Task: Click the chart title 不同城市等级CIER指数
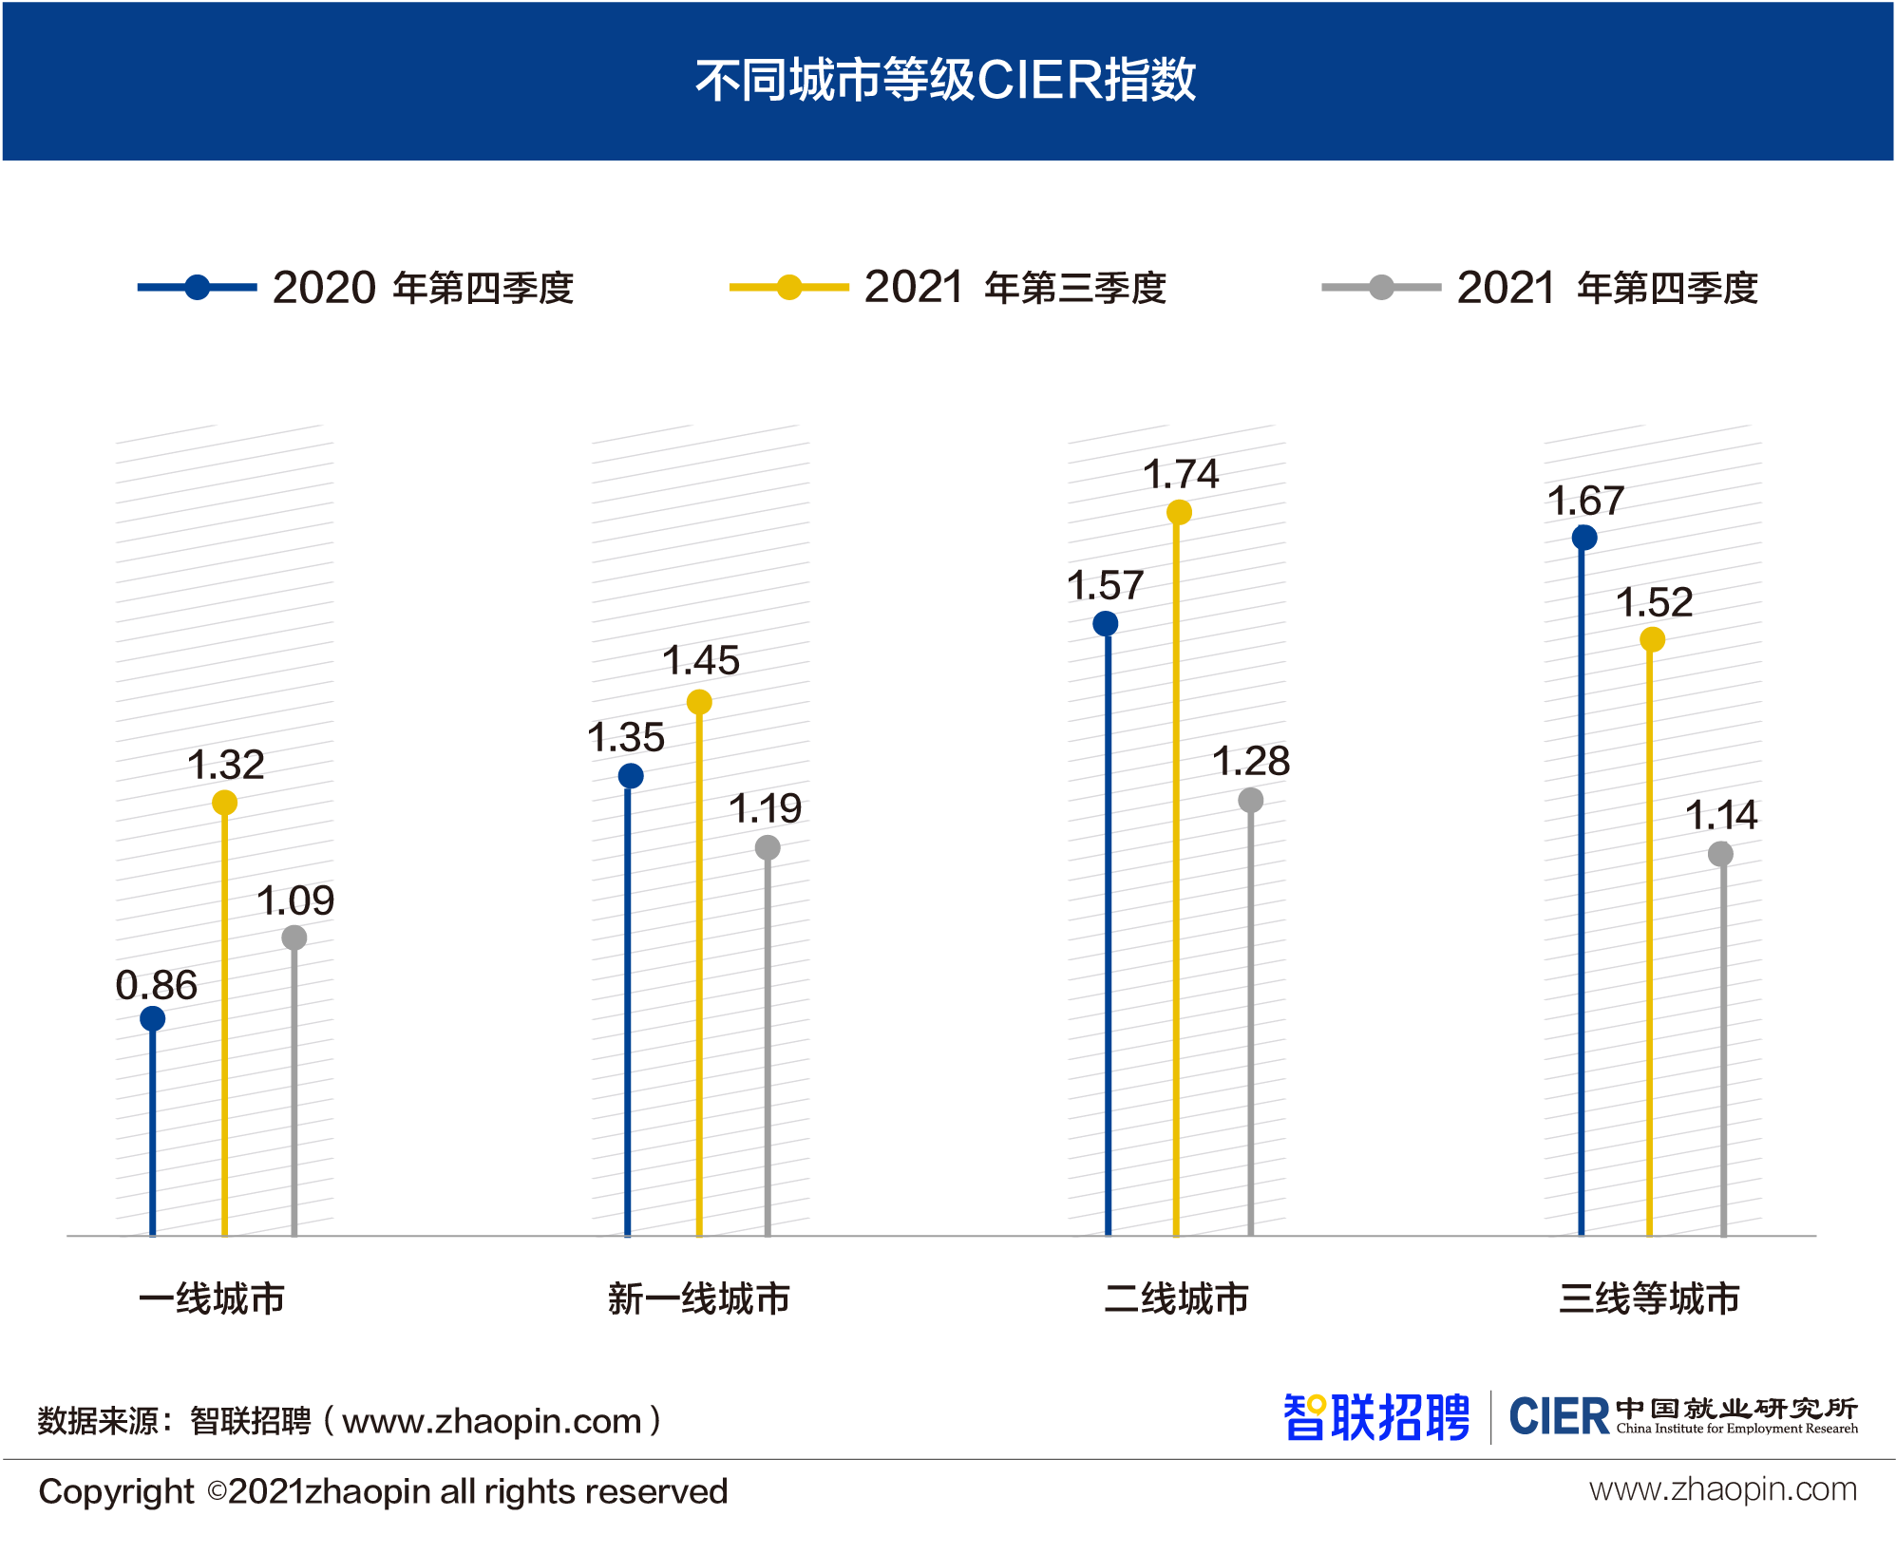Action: click(945, 80)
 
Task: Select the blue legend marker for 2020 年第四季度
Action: click(197, 287)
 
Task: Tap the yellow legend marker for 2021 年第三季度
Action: click(789, 287)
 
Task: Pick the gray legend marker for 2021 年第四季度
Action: click(1382, 287)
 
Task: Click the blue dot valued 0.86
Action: click(152, 1018)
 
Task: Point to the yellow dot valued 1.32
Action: click(224, 803)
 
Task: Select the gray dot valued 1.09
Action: click(294, 938)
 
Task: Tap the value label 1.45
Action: click(701, 661)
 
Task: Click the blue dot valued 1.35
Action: click(630, 776)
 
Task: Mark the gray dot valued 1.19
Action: click(768, 847)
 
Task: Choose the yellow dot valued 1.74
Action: click(1179, 513)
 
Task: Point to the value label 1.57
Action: click(1105, 585)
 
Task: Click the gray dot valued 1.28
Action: click(1251, 800)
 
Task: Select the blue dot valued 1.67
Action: click(1584, 538)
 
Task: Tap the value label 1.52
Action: click(1655, 602)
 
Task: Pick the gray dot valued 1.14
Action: click(1720, 854)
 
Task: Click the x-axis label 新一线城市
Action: click(699, 1298)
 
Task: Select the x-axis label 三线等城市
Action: click(1649, 1298)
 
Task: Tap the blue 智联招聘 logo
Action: click(1376, 1417)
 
